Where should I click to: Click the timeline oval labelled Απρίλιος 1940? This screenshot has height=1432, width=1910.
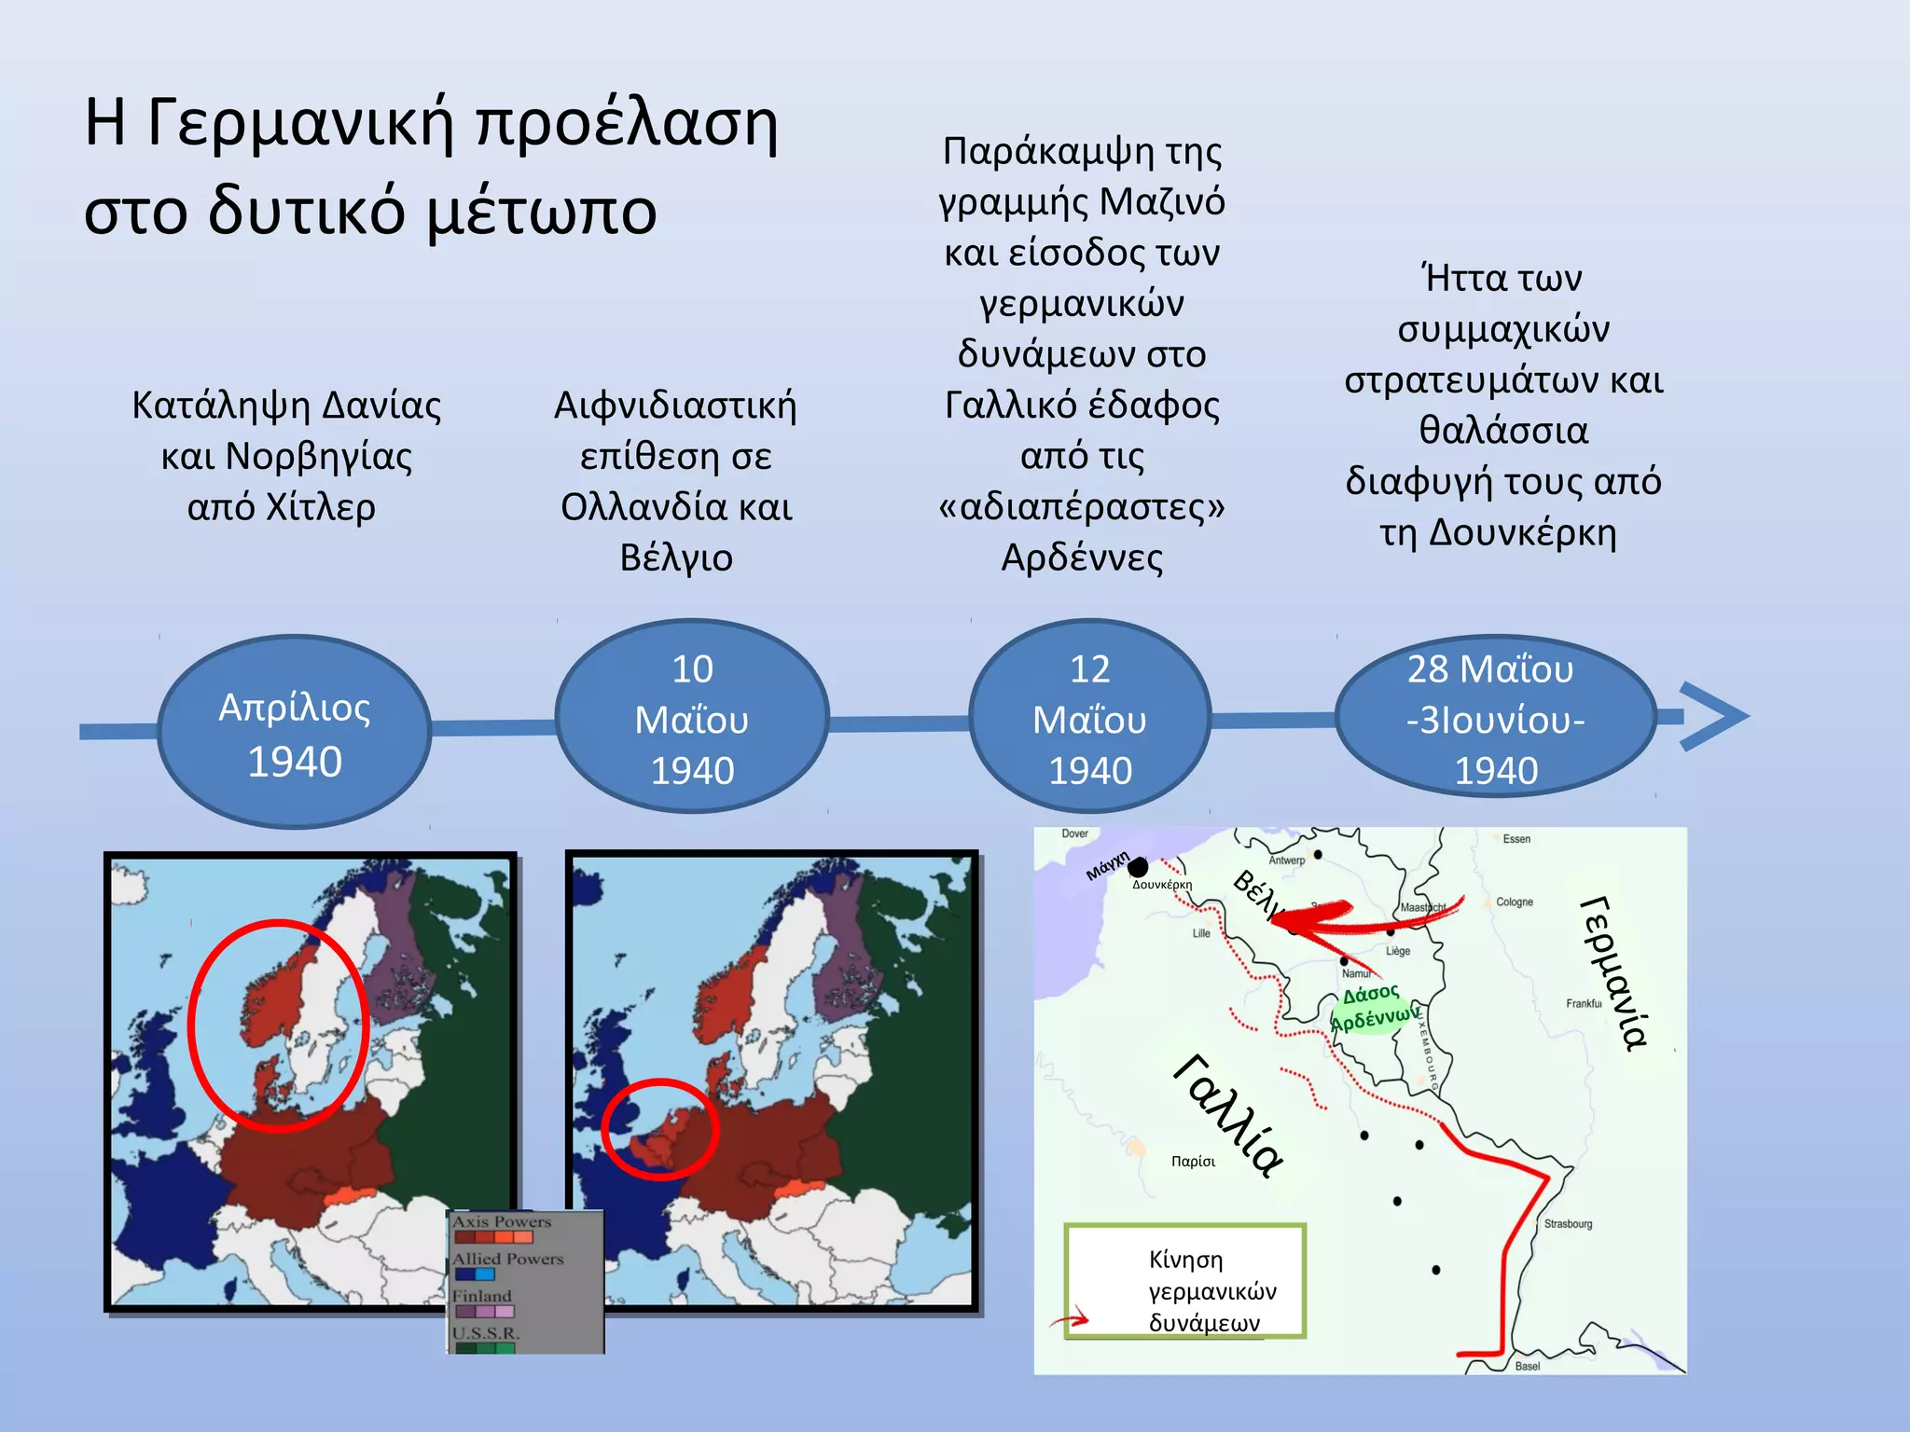coord(295,733)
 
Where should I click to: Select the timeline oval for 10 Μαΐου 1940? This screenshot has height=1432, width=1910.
coord(692,718)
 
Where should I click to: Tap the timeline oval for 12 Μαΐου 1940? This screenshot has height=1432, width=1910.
coord(1089,718)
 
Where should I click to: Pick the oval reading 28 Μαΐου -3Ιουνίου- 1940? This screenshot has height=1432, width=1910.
coord(1495,718)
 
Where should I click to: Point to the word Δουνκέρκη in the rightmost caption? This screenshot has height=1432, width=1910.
coord(1522,532)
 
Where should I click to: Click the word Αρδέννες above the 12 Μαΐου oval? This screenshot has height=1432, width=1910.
coord(1082,558)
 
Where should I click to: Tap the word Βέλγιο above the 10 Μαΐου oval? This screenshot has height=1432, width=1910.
coord(676,558)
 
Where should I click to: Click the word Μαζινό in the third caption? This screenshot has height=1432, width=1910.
coord(1162,202)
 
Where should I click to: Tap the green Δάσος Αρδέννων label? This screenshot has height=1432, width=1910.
coord(1371,1008)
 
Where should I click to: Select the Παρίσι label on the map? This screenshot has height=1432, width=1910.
coord(1193,1162)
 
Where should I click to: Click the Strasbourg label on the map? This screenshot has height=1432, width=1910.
coord(1568,1224)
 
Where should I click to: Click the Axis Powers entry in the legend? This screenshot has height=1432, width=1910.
coord(502,1221)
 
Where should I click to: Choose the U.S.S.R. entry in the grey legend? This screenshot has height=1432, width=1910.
coord(486,1333)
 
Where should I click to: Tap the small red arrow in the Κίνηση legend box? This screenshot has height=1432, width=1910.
coord(1070,1320)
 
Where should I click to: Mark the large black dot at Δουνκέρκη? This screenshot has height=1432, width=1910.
coord(1138,868)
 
